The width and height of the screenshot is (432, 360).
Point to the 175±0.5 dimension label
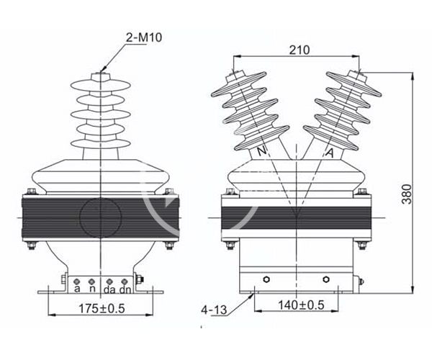101,310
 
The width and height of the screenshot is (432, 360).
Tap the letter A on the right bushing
329,153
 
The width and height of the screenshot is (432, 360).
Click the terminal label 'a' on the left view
77,289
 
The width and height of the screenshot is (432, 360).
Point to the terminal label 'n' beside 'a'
91,289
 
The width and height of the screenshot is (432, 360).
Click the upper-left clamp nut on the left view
32,192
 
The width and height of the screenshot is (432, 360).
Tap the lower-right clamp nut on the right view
361,245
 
